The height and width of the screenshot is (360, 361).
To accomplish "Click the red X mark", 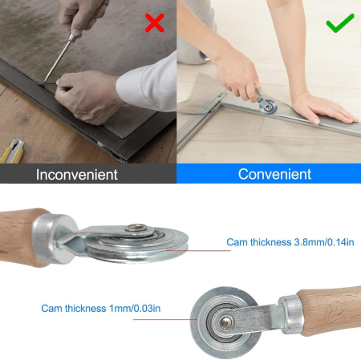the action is tap(154, 23).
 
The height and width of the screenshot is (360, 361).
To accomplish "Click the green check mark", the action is tap(340, 22).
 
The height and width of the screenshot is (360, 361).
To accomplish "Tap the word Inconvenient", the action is tap(77, 175).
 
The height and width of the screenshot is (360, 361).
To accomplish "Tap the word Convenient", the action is tap(274, 174).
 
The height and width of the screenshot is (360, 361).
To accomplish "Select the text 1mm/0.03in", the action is tap(135, 309).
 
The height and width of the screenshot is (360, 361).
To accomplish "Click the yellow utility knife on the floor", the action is tap(12, 152).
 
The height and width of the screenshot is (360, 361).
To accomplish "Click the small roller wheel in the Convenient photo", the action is tap(268, 107).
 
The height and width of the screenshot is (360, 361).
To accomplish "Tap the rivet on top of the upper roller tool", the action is tap(136, 228).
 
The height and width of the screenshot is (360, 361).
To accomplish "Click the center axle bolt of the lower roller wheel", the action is tap(226, 322).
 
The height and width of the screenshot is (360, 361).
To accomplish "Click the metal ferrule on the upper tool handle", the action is tap(54, 239).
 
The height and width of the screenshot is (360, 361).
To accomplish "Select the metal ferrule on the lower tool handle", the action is tap(291, 314).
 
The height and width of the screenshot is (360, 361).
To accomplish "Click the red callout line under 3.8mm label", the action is tap(198, 251).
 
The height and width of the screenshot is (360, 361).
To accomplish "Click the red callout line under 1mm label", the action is tap(165, 319).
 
